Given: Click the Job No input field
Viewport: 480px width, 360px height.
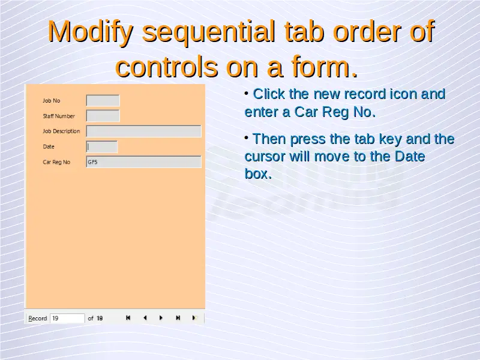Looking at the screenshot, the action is tap(103, 100).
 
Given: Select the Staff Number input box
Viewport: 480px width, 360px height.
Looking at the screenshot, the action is tap(103, 116).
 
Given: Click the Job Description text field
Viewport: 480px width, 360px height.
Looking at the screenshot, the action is tap(144, 131).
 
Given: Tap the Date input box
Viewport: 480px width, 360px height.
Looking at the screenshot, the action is tap(102, 146).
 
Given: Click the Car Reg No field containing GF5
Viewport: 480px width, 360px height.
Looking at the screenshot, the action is tap(144, 162).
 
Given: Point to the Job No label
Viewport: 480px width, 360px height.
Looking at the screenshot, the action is tap(52, 101).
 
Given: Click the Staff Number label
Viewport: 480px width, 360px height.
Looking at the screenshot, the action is tap(59, 116).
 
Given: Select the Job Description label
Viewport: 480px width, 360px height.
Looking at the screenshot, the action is tap(61, 131).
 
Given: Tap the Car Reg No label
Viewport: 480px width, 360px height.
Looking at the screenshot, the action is tap(56, 162).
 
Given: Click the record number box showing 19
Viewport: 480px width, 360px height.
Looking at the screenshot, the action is tap(67, 319).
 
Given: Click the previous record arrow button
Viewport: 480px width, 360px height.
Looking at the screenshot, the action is tap(145, 318).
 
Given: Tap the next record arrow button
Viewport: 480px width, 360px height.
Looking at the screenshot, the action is tap(161, 318).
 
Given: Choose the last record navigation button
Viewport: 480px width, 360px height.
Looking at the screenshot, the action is tap(178, 318).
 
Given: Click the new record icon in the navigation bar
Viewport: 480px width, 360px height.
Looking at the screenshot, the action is tap(194, 318).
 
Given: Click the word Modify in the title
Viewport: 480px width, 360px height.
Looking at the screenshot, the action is tap(91, 32).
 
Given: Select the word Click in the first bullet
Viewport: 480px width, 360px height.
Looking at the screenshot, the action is tap(269, 94).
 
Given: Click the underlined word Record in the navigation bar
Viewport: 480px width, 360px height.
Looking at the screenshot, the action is tap(38, 319).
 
